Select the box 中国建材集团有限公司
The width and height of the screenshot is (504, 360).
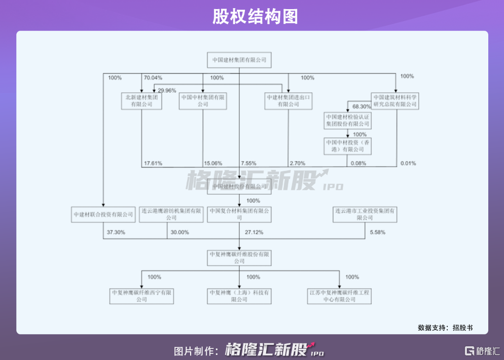pos(239,60)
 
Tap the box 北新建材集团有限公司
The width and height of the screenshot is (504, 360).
pos(141,100)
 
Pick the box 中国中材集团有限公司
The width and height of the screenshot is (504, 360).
pos(203,100)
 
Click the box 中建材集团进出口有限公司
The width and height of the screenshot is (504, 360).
pos(287,100)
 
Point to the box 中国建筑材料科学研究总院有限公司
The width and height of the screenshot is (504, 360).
pos(394,100)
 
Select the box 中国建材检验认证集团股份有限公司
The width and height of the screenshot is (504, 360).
pos(348,120)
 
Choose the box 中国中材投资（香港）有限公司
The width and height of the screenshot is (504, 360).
pos(348,146)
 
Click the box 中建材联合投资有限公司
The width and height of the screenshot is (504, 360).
pos(103,214)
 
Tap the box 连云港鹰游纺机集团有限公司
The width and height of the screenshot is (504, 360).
pos(171,214)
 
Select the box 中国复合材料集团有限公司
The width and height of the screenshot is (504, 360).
pos(239,214)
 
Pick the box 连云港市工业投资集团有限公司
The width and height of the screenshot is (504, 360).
pos(365,214)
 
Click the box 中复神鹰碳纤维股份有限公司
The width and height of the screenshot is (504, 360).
pos(239,258)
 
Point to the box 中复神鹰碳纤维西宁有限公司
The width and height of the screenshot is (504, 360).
pos(141,296)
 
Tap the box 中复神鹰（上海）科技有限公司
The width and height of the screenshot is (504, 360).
pos(239,296)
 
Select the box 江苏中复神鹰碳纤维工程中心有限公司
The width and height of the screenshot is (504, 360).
pos(340,296)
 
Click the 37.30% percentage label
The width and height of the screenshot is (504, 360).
pos(117,232)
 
